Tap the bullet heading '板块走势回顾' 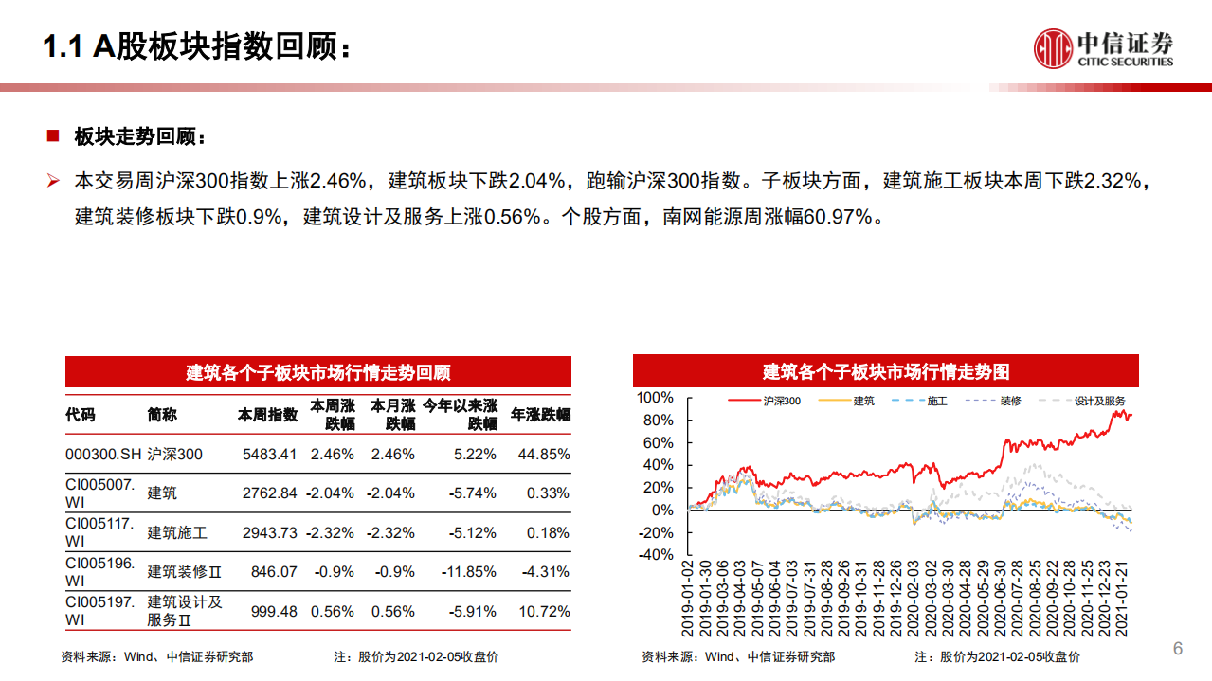139,136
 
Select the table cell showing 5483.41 269,454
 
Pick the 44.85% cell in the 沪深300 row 544,454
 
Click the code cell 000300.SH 102,454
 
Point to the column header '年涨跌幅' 540,415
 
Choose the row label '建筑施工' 177,532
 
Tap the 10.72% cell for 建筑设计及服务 544,611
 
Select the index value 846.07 274,571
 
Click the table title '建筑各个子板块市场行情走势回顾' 317,372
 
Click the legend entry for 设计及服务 1100,402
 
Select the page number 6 1178,648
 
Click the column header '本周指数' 267,415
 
